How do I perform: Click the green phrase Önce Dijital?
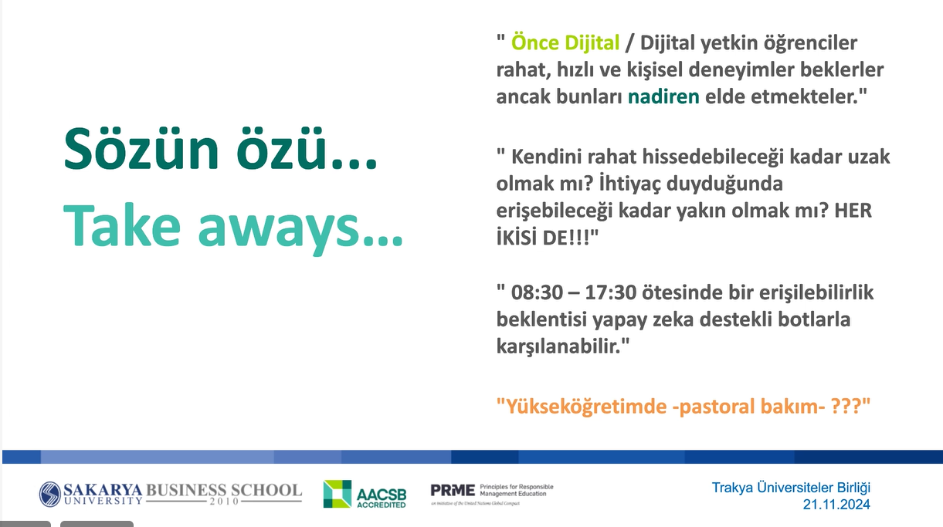coord(565,42)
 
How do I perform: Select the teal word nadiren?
coord(663,96)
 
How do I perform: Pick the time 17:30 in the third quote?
coord(610,292)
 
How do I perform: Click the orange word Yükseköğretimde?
coord(585,407)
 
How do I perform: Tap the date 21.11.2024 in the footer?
coord(836,505)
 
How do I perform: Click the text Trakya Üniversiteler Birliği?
coord(791,488)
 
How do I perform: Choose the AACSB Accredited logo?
coord(365,494)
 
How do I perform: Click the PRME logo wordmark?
coord(453,491)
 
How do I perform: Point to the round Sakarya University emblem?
coord(50,494)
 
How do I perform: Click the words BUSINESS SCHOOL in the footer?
coord(224,491)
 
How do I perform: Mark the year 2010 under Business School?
coord(224,502)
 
